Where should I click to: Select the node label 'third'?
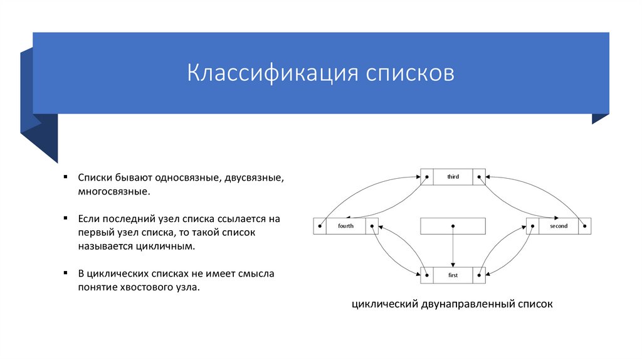click(453, 177)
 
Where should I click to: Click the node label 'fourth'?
click(345, 226)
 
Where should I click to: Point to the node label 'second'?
click(558, 226)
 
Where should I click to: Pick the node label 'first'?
click(453, 275)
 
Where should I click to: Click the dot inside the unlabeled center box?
click(453, 226)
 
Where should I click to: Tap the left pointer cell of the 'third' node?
click(426, 177)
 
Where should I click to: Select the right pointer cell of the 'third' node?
click(479, 177)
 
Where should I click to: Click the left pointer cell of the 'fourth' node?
click(320, 226)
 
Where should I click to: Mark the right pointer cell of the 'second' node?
click(584, 226)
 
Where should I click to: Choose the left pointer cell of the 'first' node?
click(426, 275)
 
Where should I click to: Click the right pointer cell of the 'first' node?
click(479, 275)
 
